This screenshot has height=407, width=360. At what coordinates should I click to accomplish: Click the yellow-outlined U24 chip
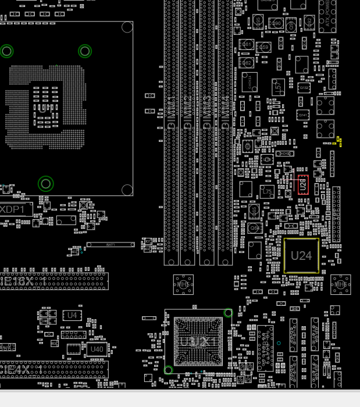tap(301, 255)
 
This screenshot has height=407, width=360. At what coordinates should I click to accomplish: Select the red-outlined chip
tap(302, 184)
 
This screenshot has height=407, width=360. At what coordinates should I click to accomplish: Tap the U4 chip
tap(72, 315)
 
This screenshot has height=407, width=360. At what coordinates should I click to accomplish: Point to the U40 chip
tap(96, 349)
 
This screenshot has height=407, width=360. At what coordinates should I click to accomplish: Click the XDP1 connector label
tap(13, 209)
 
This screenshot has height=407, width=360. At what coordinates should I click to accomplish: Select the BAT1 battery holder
tap(110, 245)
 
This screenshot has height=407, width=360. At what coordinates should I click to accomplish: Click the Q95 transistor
tap(258, 22)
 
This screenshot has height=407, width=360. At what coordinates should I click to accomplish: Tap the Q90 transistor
tap(276, 24)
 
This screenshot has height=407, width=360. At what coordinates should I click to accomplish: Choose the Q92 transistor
tap(309, 22)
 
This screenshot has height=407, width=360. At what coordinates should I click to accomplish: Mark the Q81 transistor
tap(247, 45)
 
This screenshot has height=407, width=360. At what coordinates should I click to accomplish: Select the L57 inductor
tap(278, 87)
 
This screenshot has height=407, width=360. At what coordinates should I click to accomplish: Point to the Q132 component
tap(304, 87)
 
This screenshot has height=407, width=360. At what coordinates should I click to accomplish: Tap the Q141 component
tap(302, 115)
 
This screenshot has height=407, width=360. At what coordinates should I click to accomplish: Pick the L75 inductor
tap(267, 191)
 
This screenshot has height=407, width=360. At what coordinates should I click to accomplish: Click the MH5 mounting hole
tap(183, 284)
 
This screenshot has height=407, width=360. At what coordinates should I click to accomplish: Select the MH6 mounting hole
tap(341, 285)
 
